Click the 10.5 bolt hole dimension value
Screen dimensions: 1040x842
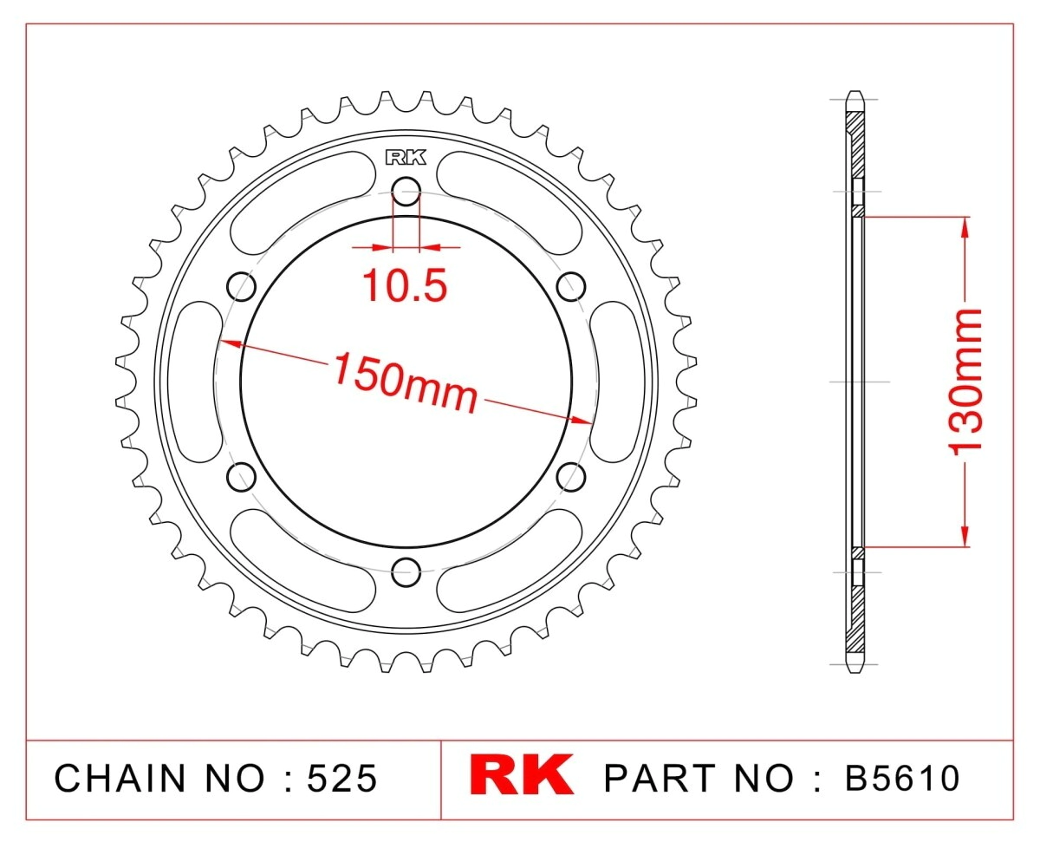(x=404, y=285)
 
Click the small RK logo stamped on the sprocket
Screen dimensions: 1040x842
(x=406, y=157)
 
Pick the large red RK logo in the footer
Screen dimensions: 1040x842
(x=522, y=775)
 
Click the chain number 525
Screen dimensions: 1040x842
(x=341, y=777)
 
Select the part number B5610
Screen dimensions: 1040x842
(x=902, y=777)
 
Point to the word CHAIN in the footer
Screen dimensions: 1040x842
(x=120, y=777)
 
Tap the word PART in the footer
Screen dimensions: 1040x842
(x=660, y=777)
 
